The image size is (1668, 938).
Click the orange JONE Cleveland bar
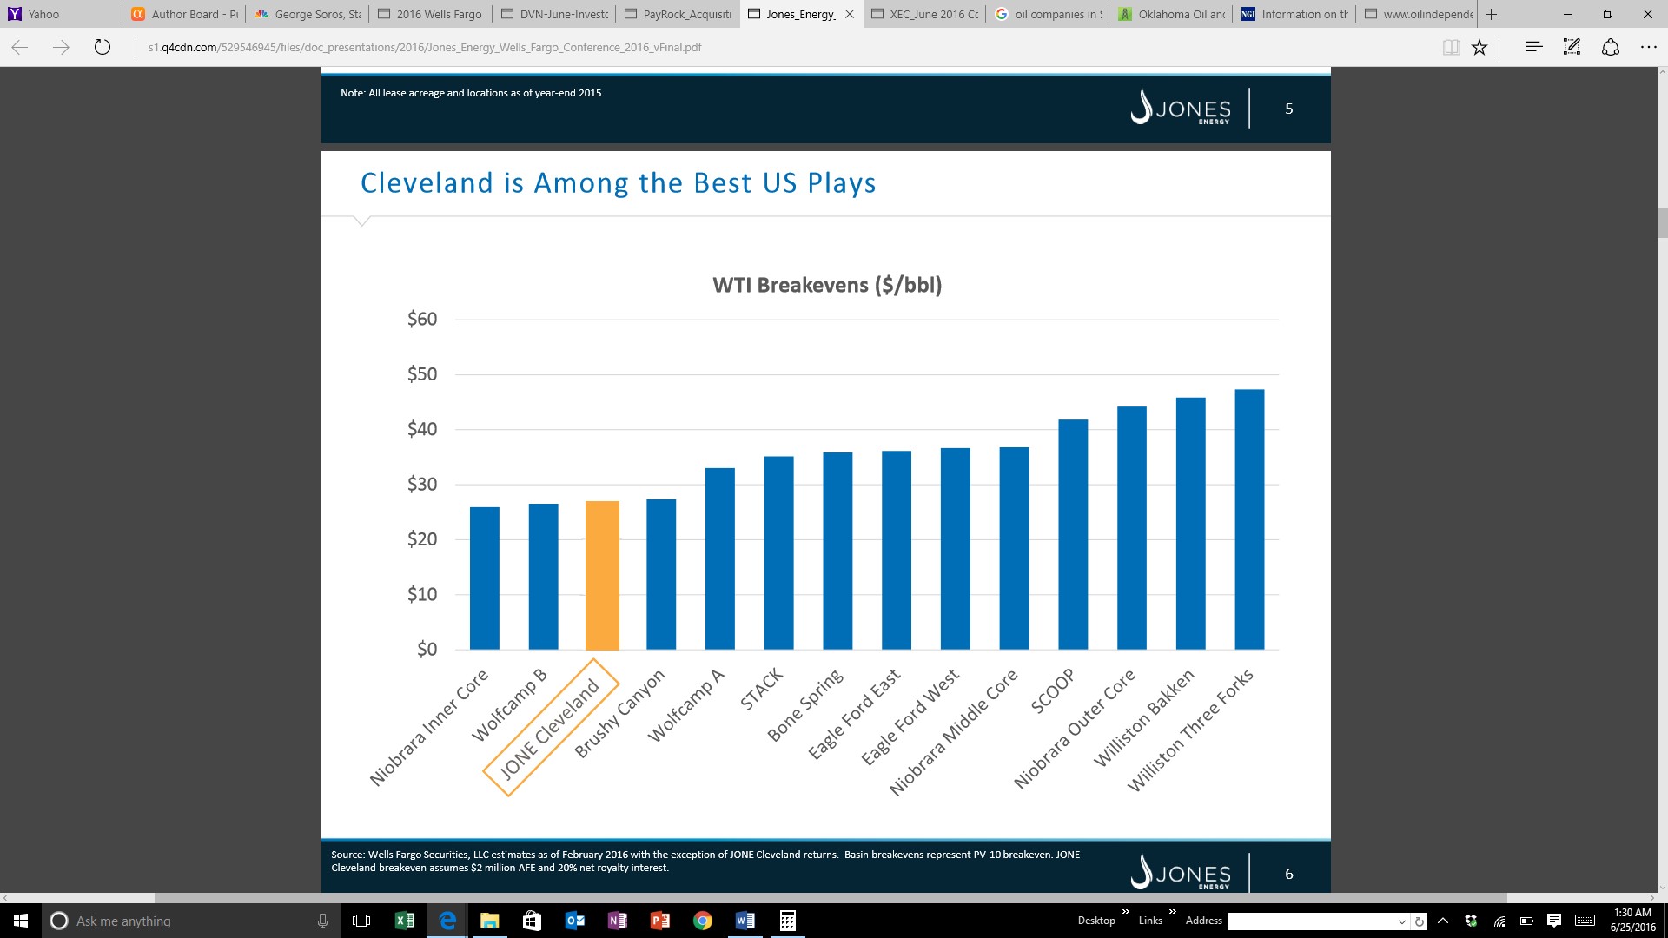[x=602, y=575]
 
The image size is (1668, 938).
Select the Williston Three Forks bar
[x=1249, y=519]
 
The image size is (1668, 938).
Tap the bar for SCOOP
[x=1073, y=534]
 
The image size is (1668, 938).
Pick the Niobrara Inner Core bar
[x=485, y=578]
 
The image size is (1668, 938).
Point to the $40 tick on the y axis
[x=422, y=429]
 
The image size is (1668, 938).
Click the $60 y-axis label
[x=422, y=319]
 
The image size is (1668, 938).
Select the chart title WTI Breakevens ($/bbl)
[x=827, y=285]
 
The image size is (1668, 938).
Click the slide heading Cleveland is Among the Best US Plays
[x=618, y=183]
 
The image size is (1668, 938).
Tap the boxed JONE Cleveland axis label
[x=550, y=727]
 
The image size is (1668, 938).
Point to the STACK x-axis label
[x=762, y=690]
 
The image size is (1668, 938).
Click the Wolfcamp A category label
[x=685, y=705]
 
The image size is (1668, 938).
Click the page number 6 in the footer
[x=1289, y=874]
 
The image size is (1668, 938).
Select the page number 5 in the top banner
[x=1289, y=109]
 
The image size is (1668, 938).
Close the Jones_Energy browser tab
[x=850, y=14]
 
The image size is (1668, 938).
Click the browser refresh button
[x=103, y=47]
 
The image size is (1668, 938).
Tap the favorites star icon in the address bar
[x=1479, y=47]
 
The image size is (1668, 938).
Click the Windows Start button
[x=21, y=921]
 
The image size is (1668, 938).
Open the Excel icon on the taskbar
[x=404, y=921]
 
